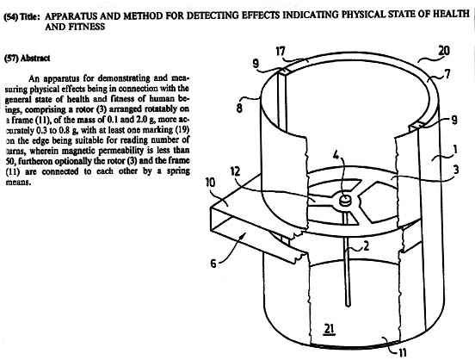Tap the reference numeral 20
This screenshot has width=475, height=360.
pos(443,52)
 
